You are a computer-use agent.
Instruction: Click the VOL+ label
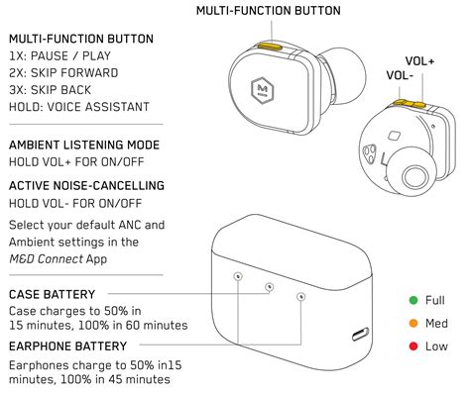pos(419,61)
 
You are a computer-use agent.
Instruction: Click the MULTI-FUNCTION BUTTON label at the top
pos(267,11)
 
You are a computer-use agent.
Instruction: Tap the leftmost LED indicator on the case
pos(238,276)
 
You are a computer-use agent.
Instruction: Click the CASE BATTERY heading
pos(52,295)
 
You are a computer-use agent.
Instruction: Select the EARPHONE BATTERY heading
pos(67,346)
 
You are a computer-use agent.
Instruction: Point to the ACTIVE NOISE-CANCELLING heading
pos(86,185)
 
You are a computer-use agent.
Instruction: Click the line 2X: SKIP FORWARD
pos(62,73)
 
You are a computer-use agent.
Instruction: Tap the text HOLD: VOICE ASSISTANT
pos(78,107)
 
